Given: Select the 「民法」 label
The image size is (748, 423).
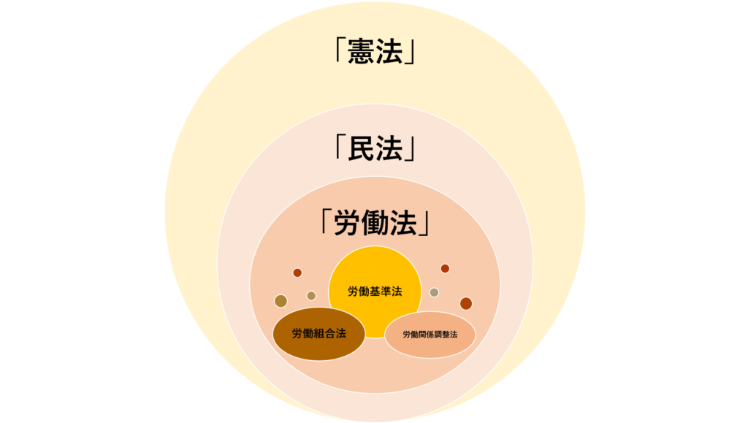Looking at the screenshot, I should pos(375,148).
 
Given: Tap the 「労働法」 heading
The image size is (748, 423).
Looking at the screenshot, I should pos(375,223).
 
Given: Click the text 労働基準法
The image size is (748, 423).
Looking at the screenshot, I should pos(375,291).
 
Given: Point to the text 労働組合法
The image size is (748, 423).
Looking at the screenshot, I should pos(318,334).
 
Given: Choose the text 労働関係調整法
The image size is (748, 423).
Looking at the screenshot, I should pos(430,335).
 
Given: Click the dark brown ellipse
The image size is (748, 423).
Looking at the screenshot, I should pos(318,347).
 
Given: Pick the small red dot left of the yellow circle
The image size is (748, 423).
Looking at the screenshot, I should pos(297,273).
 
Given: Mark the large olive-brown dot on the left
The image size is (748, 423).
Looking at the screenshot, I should pos(280,301).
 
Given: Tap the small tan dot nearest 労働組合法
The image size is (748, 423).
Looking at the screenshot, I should pos(311,296).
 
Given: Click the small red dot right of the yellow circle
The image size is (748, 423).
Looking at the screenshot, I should pos(445,268).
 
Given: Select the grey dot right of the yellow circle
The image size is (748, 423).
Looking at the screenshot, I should pos(434,292).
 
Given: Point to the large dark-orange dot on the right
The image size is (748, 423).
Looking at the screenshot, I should pos(465,303).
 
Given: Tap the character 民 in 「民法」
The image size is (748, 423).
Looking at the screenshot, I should pos(362,148).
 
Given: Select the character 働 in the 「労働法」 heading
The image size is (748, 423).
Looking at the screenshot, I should pos(375,223).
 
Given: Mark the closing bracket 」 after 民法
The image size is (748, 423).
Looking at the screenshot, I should pos(411,150).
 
